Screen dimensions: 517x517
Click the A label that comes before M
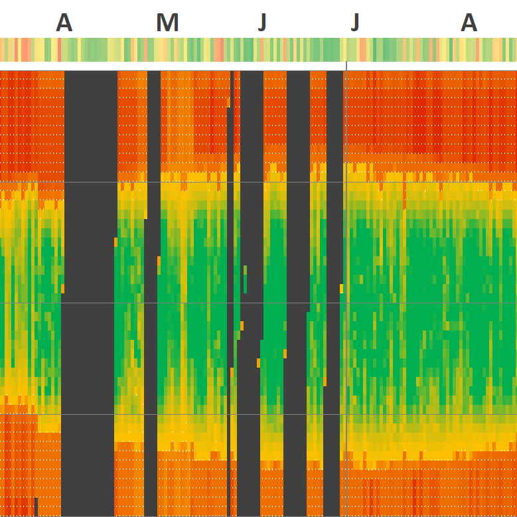64,23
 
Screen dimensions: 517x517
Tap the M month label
167,23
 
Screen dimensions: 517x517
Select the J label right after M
262,23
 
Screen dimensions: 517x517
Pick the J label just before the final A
355,23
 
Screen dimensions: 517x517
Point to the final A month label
469,23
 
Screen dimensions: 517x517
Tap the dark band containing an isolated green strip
252,199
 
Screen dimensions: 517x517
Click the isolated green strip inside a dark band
245,279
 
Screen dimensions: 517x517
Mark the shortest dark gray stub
36,506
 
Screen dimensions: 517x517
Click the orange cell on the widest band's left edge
63,288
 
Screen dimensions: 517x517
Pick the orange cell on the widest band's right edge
115,242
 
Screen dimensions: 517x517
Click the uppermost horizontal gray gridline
265,183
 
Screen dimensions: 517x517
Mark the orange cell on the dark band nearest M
159,260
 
